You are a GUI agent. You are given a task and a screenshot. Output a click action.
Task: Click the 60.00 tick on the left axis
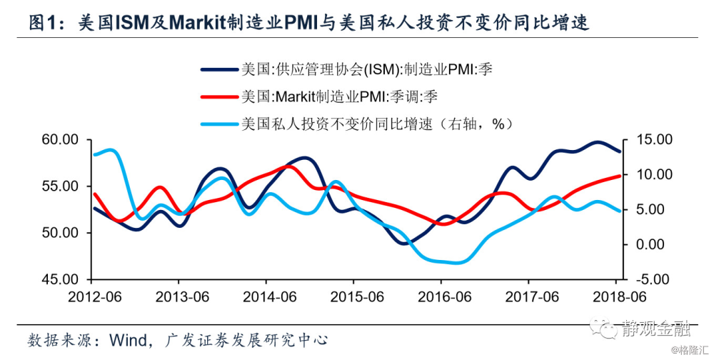(x=62, y=139)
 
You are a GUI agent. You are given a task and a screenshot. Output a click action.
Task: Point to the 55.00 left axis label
(x=62, y=186)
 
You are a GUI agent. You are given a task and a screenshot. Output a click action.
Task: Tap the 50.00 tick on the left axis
(x=62, y=233)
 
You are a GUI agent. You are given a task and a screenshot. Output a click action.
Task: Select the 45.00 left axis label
(x=62, y=279)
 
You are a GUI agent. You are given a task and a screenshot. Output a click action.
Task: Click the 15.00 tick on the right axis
(x=652, y=139)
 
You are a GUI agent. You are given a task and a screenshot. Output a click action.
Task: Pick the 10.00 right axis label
(x=652, y=174)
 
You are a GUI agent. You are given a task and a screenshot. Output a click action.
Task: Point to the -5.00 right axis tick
(x=652, y=279)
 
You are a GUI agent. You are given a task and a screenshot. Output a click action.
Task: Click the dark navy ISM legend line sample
(x=218, y=69)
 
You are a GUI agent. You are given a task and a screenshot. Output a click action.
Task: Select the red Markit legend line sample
(x=218, y=96)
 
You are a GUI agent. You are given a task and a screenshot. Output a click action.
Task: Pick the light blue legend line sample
(x=218, y=124)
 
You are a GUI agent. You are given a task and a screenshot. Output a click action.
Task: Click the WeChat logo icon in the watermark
(x=609, y=329)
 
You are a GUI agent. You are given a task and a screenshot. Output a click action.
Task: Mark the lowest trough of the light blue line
(x=457, y=263)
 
